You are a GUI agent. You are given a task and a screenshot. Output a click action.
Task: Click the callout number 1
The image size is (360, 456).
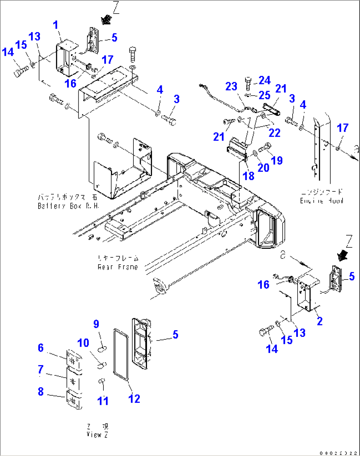pos(55,25)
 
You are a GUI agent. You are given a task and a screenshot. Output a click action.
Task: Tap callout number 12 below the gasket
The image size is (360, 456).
pos(134,399)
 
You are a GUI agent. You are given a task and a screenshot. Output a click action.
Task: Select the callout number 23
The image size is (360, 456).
pos(231,86)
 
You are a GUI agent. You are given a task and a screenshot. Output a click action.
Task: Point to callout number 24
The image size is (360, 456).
pos(265,80)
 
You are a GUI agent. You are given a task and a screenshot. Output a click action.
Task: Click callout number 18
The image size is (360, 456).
pos(248,176)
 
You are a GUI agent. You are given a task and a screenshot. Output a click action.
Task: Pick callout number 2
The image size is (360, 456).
pos(319,321)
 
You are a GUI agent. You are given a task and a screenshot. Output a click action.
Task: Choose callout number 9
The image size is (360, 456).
pos(96,324)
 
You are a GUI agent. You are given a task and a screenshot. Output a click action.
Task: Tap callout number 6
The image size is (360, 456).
pos(41,347)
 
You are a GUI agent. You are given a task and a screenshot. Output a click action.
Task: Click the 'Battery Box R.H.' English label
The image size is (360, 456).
pos(68,206)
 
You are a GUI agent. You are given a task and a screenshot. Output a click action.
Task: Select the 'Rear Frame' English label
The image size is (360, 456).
pos(118,267)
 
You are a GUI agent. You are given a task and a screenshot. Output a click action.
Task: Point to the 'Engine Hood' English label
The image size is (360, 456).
pos(321,201)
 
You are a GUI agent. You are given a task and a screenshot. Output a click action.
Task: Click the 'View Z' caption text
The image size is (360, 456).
pos(97,435)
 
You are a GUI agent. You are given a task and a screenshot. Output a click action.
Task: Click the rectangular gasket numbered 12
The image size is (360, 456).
pos(121,354)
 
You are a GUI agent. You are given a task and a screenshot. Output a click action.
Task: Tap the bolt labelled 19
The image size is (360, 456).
pos(265,148)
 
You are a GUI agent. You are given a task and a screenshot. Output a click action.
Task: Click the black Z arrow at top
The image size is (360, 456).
pos(106,20)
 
